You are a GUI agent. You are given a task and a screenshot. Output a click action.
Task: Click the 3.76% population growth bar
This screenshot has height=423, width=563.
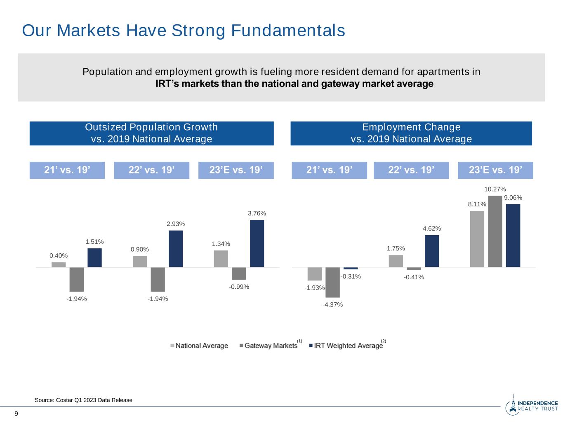[257, 243]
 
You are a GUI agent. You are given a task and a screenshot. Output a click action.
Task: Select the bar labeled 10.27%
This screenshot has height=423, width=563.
[495, 231]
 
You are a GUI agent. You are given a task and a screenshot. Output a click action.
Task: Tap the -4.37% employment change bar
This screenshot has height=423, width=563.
[332, 282]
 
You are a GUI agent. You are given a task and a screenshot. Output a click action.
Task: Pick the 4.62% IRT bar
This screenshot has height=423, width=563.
[432, 251]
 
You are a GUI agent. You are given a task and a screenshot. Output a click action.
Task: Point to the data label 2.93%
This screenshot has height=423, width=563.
[176, 224]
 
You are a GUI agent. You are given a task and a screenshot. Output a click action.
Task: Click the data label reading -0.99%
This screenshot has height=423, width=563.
[239, 287]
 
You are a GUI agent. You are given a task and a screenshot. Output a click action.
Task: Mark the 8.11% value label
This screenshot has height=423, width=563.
[477, 204]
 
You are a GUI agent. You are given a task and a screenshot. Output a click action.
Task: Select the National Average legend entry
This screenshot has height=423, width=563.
[200, 346]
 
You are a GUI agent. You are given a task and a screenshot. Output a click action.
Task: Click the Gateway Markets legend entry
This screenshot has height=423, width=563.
[269, 346]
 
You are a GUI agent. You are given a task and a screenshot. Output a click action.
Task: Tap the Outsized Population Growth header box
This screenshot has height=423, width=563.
[151, 133]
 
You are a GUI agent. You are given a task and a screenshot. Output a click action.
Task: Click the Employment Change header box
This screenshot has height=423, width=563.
[411, 133]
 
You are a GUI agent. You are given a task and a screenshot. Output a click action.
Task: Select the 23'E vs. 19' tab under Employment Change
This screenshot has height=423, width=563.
[495, 170]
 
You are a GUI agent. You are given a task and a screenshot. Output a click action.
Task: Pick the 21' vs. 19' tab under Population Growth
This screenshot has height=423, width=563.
[67, 170]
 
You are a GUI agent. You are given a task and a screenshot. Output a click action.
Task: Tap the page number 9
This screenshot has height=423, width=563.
[16, 414]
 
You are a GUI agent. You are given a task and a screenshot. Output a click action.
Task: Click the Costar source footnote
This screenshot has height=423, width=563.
[84, 400]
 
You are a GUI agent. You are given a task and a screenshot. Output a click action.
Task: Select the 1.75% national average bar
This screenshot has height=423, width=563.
[396, 261]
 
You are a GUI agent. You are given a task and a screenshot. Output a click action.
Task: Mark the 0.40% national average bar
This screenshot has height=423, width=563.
[59, 264]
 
